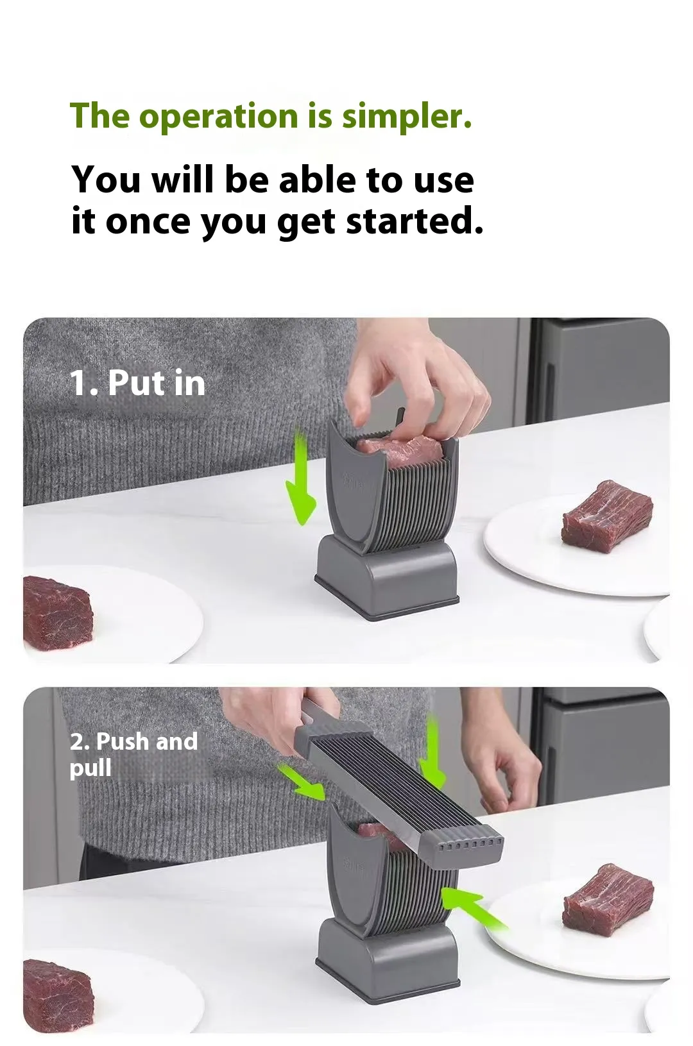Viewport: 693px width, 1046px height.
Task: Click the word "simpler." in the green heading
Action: click(407, 116)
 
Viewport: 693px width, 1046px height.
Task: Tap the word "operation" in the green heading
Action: click(218, 117)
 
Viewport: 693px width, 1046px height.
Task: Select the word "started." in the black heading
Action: click(415, 221)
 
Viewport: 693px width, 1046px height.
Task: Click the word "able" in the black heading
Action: click(318, 180)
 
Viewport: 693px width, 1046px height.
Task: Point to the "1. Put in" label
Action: click(137, 383)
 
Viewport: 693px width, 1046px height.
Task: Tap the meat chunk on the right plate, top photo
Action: click(606, 516)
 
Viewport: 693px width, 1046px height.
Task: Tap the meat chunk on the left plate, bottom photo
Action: click(58, 995)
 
